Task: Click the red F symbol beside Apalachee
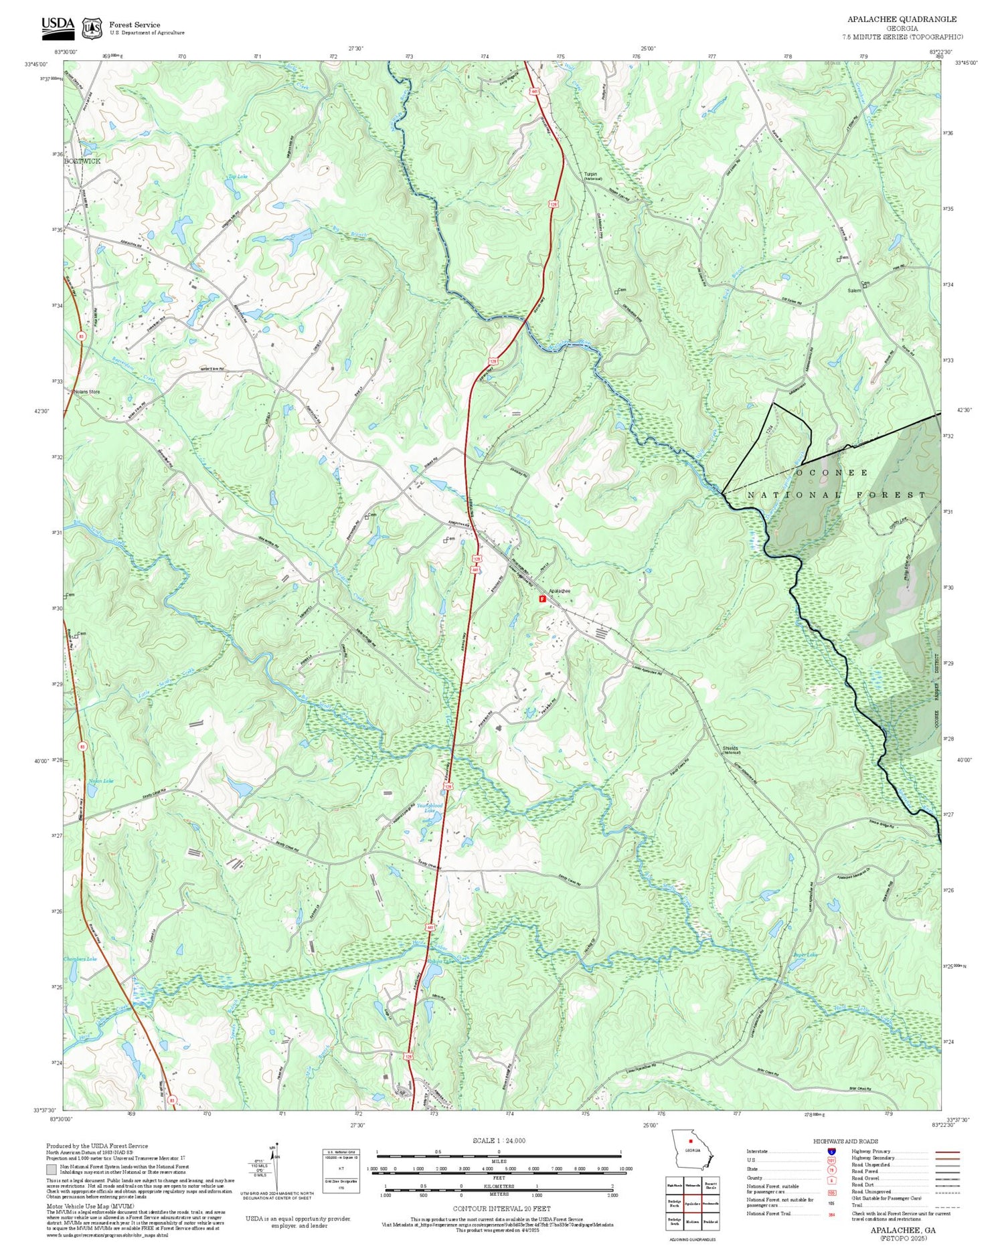542,599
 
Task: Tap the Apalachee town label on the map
559,591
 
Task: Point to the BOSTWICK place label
82,161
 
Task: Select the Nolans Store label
86,392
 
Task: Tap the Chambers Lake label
81,959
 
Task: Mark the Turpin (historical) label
593,176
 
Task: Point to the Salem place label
854,291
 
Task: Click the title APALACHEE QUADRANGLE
902,19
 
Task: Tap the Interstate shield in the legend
831,1151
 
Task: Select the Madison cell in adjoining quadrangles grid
693,1221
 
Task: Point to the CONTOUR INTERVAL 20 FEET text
501,1209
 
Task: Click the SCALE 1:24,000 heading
499,1140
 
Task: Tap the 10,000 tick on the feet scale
625,1168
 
